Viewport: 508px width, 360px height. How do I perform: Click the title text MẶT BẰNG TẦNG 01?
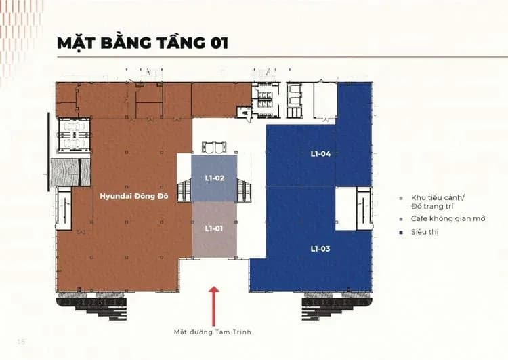[x=142, y=43]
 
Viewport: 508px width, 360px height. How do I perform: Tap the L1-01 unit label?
[x=214, y=228]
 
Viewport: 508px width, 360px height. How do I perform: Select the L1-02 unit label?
[x=215, y=178]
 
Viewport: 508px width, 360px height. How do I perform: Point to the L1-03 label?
[x=320, y=249]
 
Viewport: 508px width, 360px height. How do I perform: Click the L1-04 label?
[x=320, y=154]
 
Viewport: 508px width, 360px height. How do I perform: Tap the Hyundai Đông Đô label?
[x=134, y=196]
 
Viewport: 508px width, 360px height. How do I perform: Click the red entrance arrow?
[x=213, y=306]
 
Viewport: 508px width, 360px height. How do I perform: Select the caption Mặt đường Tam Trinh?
[x=213, y=332]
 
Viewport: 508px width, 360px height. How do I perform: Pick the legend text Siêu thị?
[x=425, y=232]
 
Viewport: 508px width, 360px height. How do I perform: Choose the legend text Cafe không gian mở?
[x=448, y=218]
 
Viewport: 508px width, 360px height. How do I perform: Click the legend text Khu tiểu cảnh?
[x=438, y=197]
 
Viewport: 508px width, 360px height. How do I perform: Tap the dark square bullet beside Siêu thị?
[x=401, y=233]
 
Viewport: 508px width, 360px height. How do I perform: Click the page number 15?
[x=21, y=342]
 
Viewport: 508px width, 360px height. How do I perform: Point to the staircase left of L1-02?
[x=184, y=191]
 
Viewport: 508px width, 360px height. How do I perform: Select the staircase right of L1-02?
[x=244, y=191]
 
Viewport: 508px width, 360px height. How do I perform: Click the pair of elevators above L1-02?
[x=214, y=146]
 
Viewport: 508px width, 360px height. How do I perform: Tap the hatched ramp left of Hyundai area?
[x=70, y=172]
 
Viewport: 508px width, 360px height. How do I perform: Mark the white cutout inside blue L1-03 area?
[x=346, y=209]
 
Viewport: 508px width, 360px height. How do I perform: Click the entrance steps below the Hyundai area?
[x=92, y=305]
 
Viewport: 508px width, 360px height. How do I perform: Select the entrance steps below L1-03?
[x=337, y=305]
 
